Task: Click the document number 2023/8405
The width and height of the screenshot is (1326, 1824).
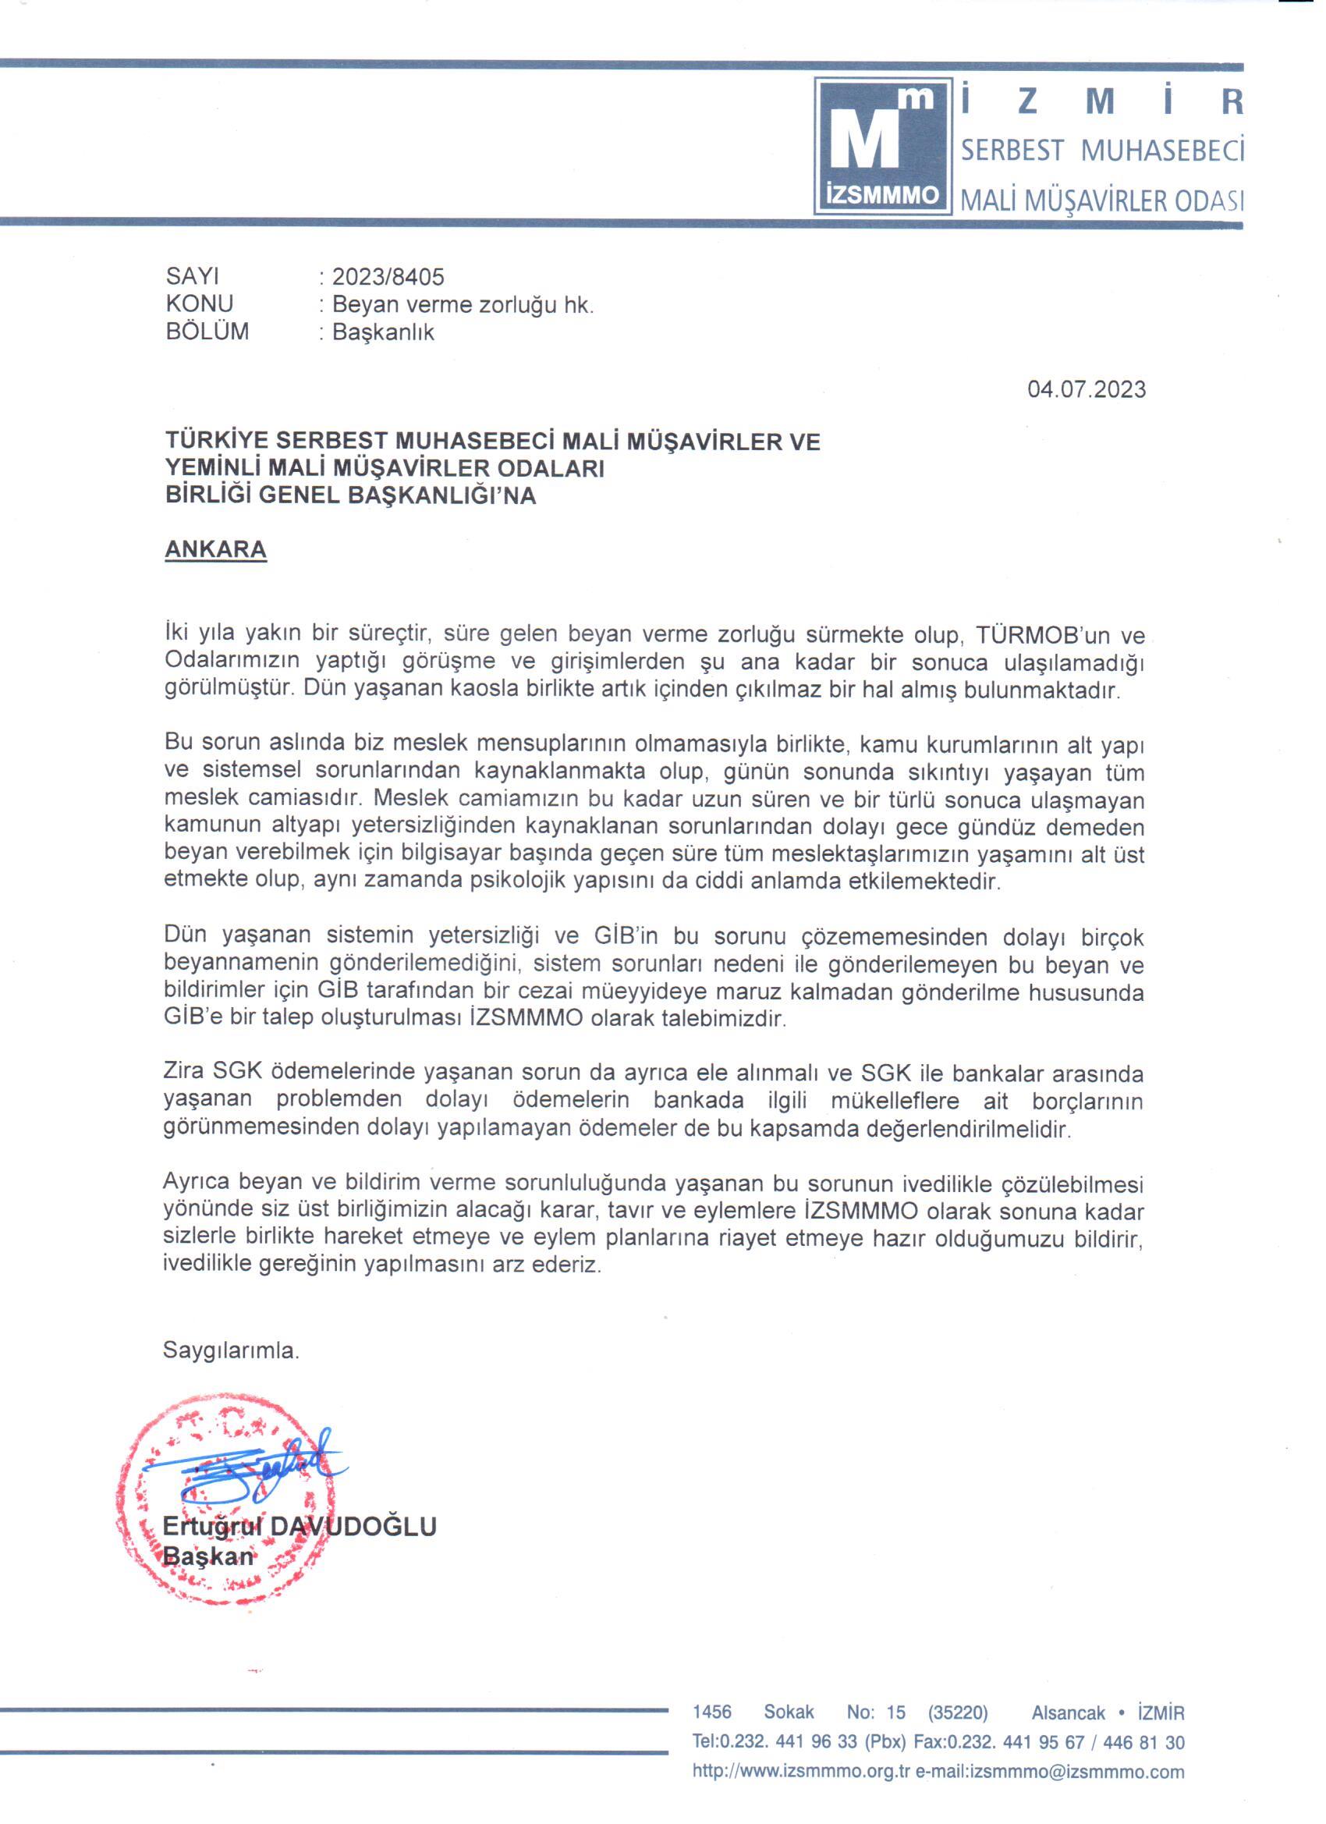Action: pos(388,277)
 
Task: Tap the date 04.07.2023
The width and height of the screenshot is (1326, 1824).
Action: pos(1087,389)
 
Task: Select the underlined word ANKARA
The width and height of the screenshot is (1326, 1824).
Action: pos(215,549)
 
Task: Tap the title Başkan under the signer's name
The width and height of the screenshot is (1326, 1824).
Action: pos(208,1556)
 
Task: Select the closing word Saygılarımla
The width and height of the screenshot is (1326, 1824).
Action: pos(231,1350)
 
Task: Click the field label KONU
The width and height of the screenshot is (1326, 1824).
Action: pos(200,304)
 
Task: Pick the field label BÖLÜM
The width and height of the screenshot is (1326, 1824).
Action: pos(207,332)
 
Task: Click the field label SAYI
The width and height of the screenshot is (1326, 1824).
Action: pos(192,277)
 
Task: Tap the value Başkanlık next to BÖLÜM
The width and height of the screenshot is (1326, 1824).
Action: pos(383,332)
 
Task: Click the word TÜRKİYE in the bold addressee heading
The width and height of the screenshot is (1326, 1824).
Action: pos(214,441)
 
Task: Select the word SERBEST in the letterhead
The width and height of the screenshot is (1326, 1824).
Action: pos(1012,151)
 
